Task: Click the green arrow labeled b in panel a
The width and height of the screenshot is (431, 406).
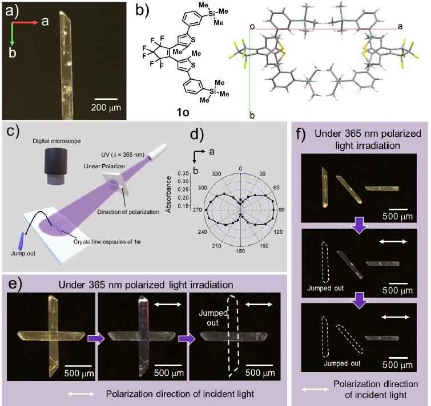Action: [x=13, y=35]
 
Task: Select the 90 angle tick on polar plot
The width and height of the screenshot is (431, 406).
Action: [x=282, y=210]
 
